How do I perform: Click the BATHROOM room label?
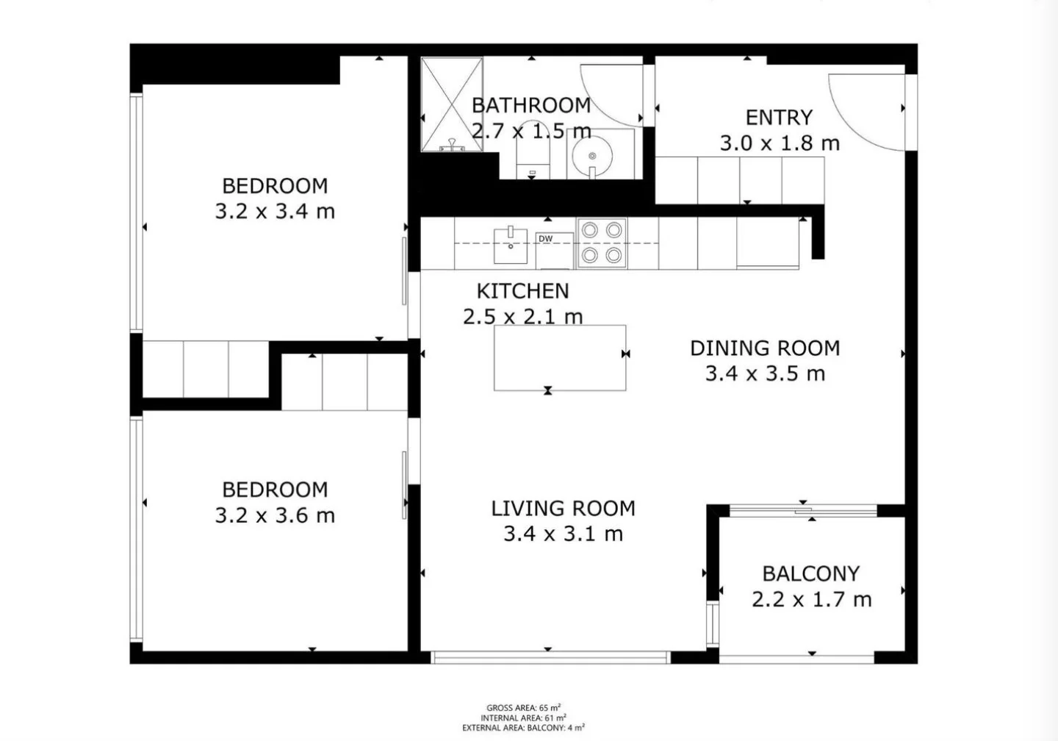tap(530, 105)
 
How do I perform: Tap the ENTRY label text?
tap(779, 118)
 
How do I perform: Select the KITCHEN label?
tap(522, 291)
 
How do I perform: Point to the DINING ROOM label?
tap(764, 348)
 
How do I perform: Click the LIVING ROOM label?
tap(563, 508)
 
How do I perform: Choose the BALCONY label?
tap(810, 573)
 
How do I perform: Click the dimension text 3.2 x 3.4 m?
tap(275, 212)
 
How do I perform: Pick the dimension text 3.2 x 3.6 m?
tap(275, 515)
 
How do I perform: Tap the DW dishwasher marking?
tap(545, 239)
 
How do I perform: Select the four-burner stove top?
tap(602, 243)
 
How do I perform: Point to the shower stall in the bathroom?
tap(451, 104)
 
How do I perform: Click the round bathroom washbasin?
tap(592, 156)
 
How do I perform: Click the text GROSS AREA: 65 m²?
tap(523, 707)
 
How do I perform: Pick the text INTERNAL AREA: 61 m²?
tap(523, 717)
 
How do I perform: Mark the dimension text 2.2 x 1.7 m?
tap(811, 600)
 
